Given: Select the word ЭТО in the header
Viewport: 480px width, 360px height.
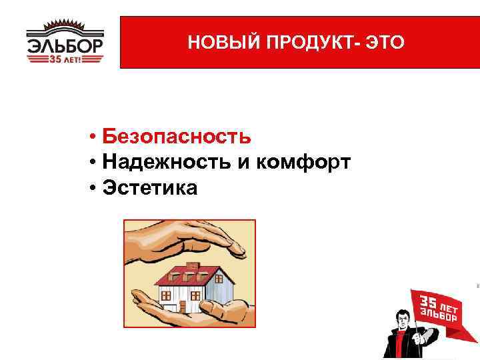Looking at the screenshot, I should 385,43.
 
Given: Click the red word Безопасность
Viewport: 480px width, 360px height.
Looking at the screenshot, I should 177,137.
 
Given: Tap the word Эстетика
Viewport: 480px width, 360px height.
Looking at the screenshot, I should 150,188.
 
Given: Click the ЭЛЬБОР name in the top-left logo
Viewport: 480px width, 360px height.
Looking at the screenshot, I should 65,47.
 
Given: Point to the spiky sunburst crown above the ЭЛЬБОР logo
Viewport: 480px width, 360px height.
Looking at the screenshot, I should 65,27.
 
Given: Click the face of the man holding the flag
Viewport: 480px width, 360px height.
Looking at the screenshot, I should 401,319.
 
